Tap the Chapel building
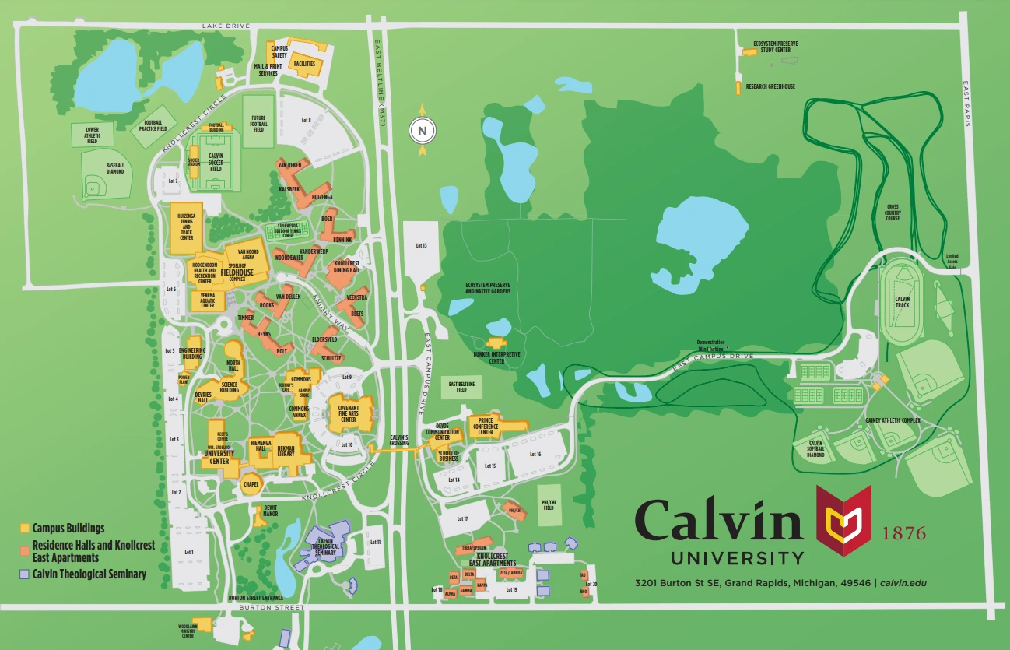click(x=251, y=483)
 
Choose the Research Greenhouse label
click(x=770, y=86)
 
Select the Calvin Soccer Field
click(x=216, y=163)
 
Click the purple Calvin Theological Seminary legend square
click(x=25, y=574)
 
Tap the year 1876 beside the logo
click(x=904, y=533)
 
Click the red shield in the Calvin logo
click(x=843, y=515)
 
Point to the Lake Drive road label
click(x=226, y=26)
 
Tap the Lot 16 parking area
click(x=535, y=454)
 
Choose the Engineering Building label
click(x=191, y=353)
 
